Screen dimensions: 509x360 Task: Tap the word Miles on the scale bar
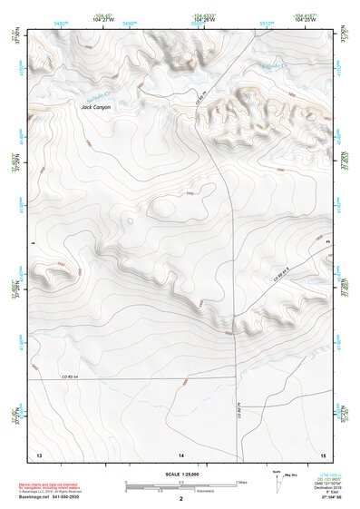click(240, 482)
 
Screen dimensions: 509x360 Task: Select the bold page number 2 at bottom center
click(181, 499)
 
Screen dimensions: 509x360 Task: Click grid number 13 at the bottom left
click(38, 453)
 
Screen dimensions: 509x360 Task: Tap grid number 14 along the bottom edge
click(180, 453)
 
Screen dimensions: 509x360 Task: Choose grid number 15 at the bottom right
click(322, 453)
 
